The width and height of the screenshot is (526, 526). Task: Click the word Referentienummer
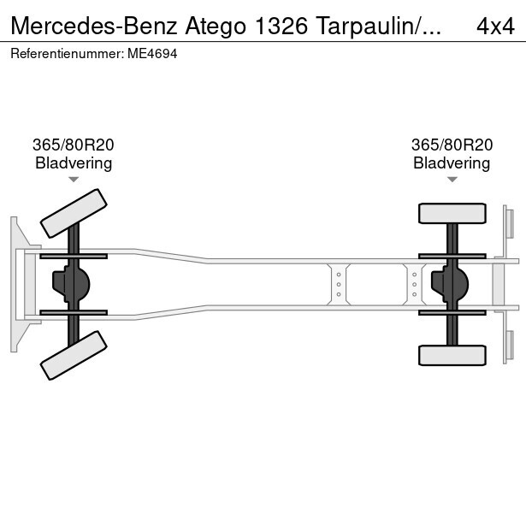68,53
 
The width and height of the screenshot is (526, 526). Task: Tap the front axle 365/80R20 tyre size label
74,145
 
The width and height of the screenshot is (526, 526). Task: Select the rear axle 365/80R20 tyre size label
452,145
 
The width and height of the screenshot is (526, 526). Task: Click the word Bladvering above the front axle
74,163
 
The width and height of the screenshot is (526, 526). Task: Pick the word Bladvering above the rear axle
452,163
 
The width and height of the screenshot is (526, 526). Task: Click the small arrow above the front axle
74,180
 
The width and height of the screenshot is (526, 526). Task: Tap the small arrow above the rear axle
452,180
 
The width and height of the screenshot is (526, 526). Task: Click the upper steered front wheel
74,213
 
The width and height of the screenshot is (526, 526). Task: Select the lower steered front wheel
74,354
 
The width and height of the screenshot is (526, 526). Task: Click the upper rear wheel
452,213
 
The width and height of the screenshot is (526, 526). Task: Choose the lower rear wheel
452,355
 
